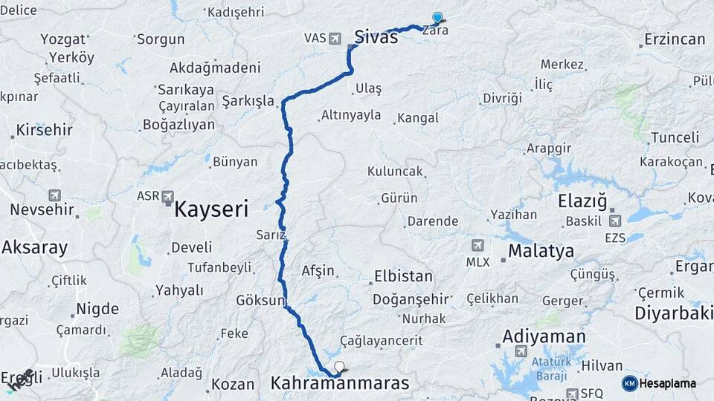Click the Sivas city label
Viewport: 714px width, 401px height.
click(376, 37)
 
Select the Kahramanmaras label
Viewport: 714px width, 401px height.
click(340, 384)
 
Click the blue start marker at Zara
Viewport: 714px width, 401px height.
click(437, 19)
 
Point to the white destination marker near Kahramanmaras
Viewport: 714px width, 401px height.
click(340, 366)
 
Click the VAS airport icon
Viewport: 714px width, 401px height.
click(335, 37)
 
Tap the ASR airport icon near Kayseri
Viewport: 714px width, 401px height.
click(168, 198)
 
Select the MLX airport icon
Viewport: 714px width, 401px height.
click(477, 246)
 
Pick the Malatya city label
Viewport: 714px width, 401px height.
click(541, 251)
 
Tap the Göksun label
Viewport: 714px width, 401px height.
click(260, 301)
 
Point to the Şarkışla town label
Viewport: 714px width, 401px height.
click(248, 101)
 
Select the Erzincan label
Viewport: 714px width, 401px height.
click(675, 39)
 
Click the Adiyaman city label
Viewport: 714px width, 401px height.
click(544, 336)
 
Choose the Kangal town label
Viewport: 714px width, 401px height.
click(418, 118)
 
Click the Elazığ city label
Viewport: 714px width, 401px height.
click(582, 201)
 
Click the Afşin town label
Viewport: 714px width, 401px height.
click(318, 271)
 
